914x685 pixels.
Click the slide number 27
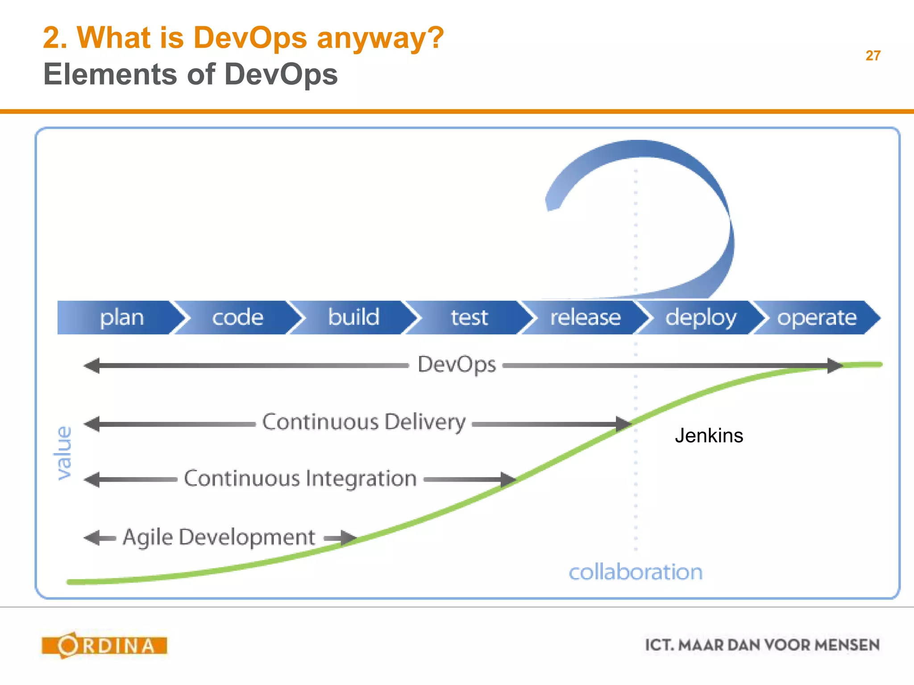872,56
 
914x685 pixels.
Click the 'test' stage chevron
469,318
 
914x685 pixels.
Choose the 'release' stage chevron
585,318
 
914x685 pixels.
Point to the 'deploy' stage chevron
701,318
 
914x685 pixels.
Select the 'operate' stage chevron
817,318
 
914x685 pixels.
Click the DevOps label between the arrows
457,365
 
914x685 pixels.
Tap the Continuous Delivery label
364,422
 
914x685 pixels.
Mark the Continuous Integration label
300,479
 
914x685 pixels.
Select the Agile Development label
219,537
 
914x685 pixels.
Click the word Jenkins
709,435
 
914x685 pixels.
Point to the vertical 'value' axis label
64,453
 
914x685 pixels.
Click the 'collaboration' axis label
636,572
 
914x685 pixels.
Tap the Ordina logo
104,645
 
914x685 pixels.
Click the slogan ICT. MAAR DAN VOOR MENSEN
762,645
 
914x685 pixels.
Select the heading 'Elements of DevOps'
191,74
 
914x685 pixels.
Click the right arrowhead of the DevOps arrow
834,366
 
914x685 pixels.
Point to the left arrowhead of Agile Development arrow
92,538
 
